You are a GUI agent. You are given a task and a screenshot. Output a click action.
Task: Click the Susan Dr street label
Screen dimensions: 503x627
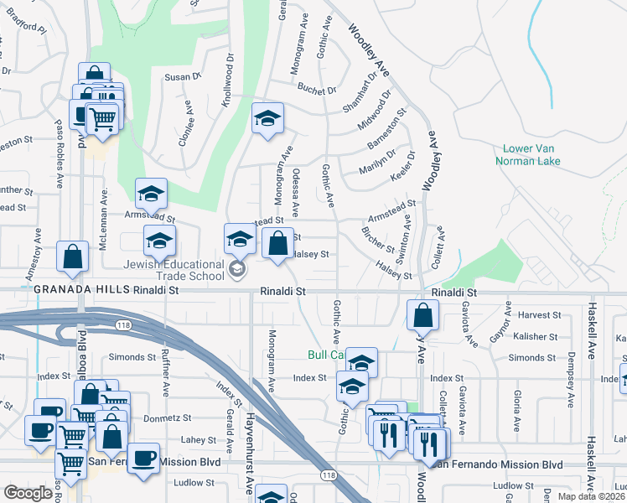[x=184, y=76]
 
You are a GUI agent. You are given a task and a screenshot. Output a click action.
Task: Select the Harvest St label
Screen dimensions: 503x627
[x=539, y=315]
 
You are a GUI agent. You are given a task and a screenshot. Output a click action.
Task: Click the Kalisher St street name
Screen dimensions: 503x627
[x=536, y=336]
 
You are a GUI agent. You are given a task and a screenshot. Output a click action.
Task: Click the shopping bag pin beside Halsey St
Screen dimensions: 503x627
[x=277, y=244]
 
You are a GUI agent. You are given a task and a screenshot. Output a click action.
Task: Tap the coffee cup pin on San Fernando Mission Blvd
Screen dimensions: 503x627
[x=143, y=458]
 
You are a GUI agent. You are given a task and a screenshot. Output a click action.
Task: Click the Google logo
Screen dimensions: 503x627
[x=28, y=493]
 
